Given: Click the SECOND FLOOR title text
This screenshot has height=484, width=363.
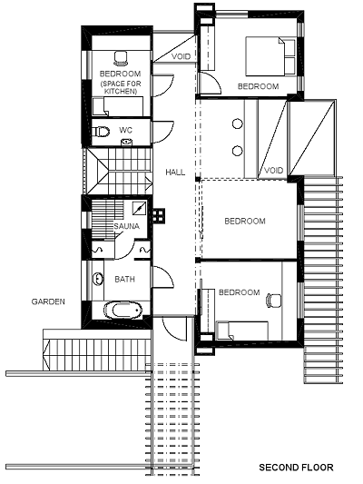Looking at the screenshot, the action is tap(296, 468).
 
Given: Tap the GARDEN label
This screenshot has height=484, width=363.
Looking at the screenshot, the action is tap(48, 301).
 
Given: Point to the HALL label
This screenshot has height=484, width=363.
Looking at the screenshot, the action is tap(175, 172).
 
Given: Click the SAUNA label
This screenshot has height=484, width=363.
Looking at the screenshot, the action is tap(126, 226).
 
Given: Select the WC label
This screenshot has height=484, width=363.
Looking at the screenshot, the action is tap(125, 130).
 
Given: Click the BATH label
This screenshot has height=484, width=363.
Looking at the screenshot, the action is tap(124, 280).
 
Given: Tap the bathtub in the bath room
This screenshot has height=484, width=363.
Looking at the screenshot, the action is tap(123, 310).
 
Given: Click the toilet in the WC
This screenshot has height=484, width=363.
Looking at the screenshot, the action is tap(102, 132).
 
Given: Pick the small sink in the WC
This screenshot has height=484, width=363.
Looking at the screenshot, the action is tap(126, 142).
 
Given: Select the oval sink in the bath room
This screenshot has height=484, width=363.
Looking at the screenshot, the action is tap(98, 280).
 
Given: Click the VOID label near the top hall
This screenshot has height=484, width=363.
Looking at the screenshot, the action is tap(181, 56).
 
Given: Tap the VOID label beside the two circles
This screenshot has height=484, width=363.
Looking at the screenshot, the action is tap(273, 170).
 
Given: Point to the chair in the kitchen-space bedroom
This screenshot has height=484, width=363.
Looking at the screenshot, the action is tap(121, 59).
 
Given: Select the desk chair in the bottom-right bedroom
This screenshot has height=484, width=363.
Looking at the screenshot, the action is tap(273, 301).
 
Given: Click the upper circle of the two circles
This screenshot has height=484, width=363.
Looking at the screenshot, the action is tap(237, 123).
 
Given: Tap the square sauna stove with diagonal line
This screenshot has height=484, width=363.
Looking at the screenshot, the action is tap(140, 208).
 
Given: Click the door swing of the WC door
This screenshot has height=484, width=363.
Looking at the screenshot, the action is tap(164, 133).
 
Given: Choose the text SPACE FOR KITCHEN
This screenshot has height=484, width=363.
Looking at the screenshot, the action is tap(121, 87).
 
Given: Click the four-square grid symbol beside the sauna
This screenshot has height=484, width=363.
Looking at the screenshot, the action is tap(159, 215).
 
